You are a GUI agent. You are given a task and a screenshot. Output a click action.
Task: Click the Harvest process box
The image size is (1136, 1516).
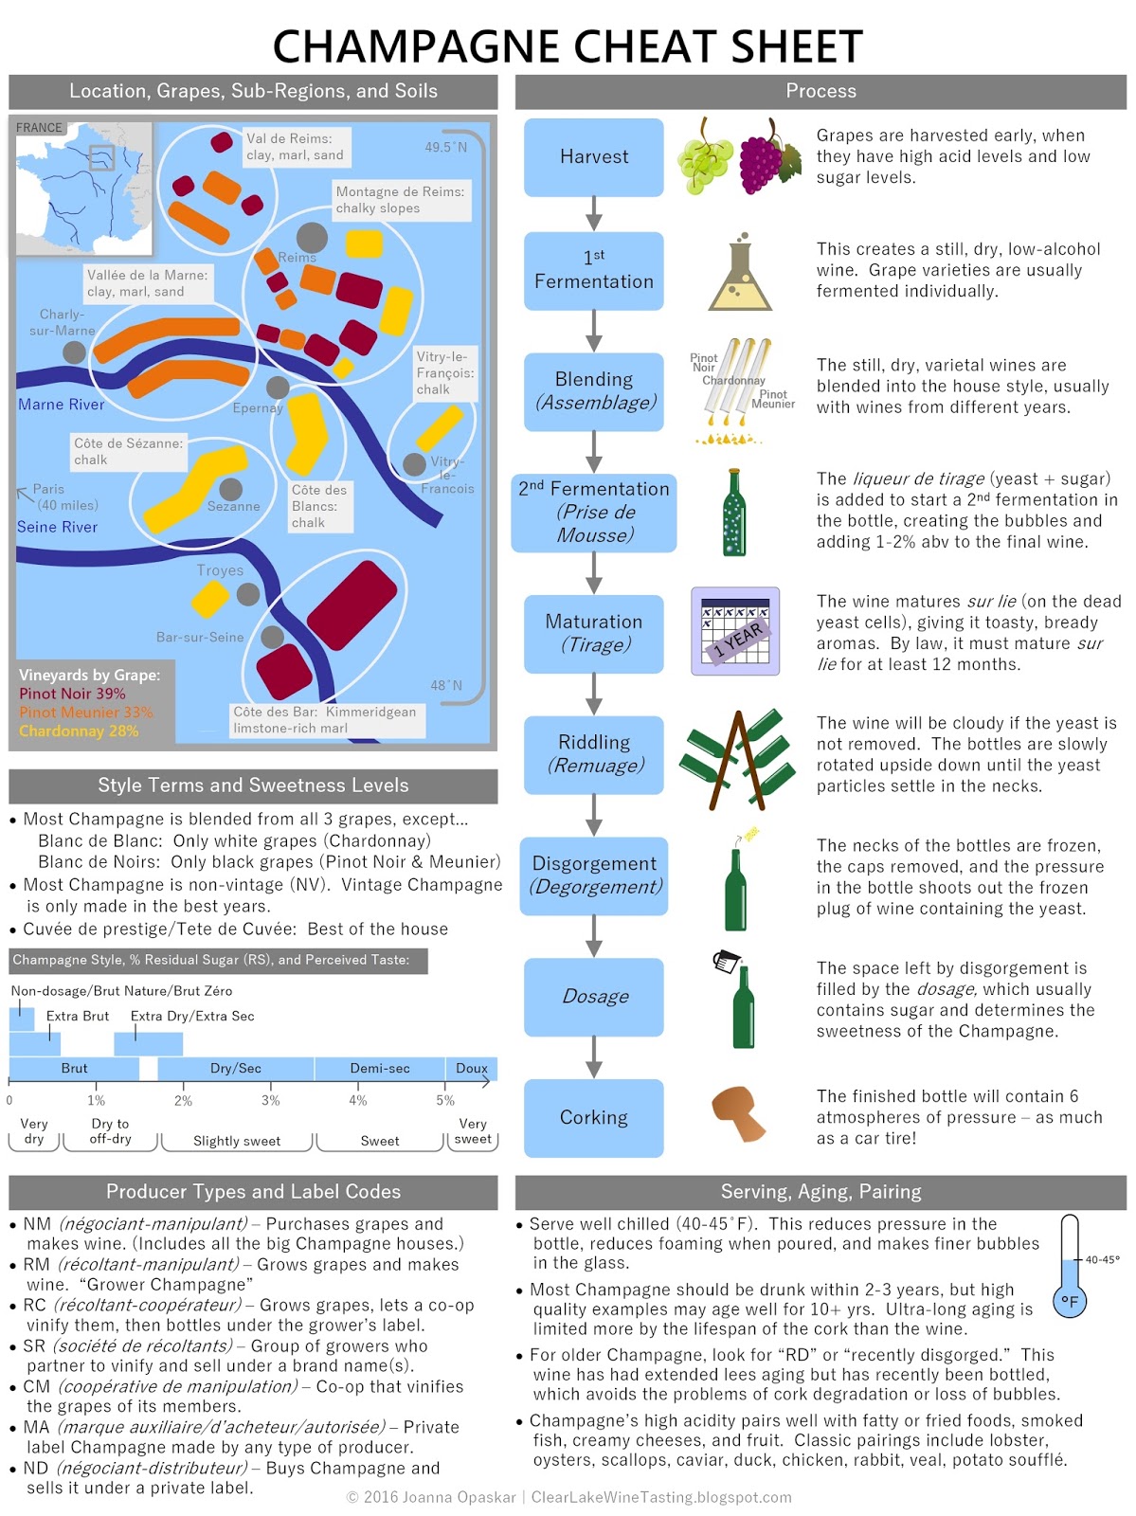[593, 157]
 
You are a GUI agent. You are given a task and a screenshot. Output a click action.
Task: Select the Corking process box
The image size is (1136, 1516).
[593, 1118]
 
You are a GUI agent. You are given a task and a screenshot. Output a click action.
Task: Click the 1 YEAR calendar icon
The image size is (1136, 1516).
[736, 631]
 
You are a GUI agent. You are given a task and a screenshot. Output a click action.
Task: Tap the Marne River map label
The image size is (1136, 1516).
[61, 405]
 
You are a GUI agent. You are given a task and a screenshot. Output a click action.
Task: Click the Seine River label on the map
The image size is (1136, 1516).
[57, 527]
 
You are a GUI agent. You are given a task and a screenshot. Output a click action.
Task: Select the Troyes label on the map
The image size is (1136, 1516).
[220, 570]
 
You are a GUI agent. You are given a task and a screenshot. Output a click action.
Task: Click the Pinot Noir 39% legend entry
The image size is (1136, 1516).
[72, 694]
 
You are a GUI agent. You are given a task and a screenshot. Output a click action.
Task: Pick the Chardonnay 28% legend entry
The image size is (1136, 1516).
[79, 731]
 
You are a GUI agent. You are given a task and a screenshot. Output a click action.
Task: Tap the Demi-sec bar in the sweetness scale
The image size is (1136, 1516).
[379, 1069]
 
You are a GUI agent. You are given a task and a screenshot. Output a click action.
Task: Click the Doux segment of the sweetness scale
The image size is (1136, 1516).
[471, 1069]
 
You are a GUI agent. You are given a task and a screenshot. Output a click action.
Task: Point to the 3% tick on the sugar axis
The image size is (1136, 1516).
[270, 1100]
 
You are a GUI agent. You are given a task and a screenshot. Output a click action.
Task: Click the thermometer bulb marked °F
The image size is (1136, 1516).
[1070, 1301]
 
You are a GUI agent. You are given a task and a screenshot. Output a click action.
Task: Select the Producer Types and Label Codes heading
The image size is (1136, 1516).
[253, 1192]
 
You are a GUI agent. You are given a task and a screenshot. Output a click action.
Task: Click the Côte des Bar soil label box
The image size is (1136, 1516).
[325, 720]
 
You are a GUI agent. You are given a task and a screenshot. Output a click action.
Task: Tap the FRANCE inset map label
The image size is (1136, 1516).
[39, 128]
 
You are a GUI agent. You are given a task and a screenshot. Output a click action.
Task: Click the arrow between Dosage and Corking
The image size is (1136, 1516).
[594, 1057]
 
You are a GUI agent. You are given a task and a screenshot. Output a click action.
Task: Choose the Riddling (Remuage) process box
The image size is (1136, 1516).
[594, 754]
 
